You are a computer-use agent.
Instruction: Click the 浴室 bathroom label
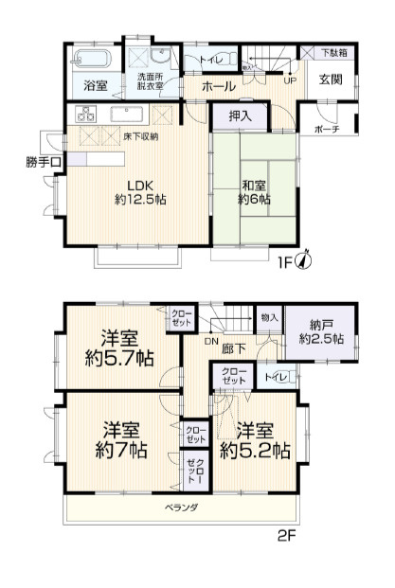pyautogui.click(x=95, y=86)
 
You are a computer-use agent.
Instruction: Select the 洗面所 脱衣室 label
pyautogui.click(x=150, y=82)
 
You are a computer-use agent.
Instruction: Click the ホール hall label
pyautogui.click(x=217, y=86)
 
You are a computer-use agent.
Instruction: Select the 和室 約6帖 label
pyautogui.click(x=255, y=192)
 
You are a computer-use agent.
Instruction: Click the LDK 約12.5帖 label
pyautogui.click(x=132, y=191)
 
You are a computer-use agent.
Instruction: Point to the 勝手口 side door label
pyautogui.click(x=44, y=162)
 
